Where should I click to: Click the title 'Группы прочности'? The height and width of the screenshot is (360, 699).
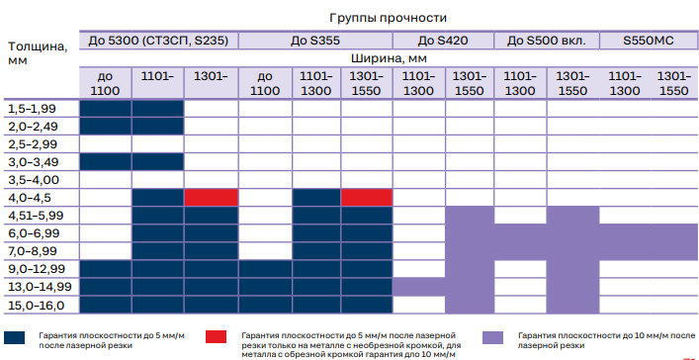point(388,18)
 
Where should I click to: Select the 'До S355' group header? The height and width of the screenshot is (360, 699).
point(315,41)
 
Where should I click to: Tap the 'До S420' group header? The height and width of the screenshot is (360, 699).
point(443,41)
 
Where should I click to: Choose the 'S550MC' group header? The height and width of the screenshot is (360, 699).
point(649,41)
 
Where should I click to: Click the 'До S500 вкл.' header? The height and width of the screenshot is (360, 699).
point(546,41)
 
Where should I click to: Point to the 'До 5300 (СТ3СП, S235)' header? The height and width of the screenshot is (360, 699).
point(158,41)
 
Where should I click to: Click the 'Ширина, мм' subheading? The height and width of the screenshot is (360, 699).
point(389,58)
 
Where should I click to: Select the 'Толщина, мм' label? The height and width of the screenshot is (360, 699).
point(38,53)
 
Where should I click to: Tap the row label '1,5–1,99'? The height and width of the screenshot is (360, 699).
point(32,109)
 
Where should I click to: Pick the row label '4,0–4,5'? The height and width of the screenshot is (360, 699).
point(31,198)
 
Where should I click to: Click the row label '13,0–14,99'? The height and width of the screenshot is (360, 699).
point(40,287)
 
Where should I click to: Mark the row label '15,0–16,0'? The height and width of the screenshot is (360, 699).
point(37,306)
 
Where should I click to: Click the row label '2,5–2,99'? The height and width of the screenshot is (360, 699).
point(33,144)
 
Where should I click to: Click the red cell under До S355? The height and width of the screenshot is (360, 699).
point(367,197)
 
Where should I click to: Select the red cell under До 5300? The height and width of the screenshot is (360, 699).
point(212,197)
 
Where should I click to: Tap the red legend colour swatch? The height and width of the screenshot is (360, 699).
point(216,337)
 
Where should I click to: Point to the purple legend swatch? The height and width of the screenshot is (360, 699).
point(492,337)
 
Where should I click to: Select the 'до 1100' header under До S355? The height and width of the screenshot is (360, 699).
point(265,83)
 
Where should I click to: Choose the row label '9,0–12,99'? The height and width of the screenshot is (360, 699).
point(37,269)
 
